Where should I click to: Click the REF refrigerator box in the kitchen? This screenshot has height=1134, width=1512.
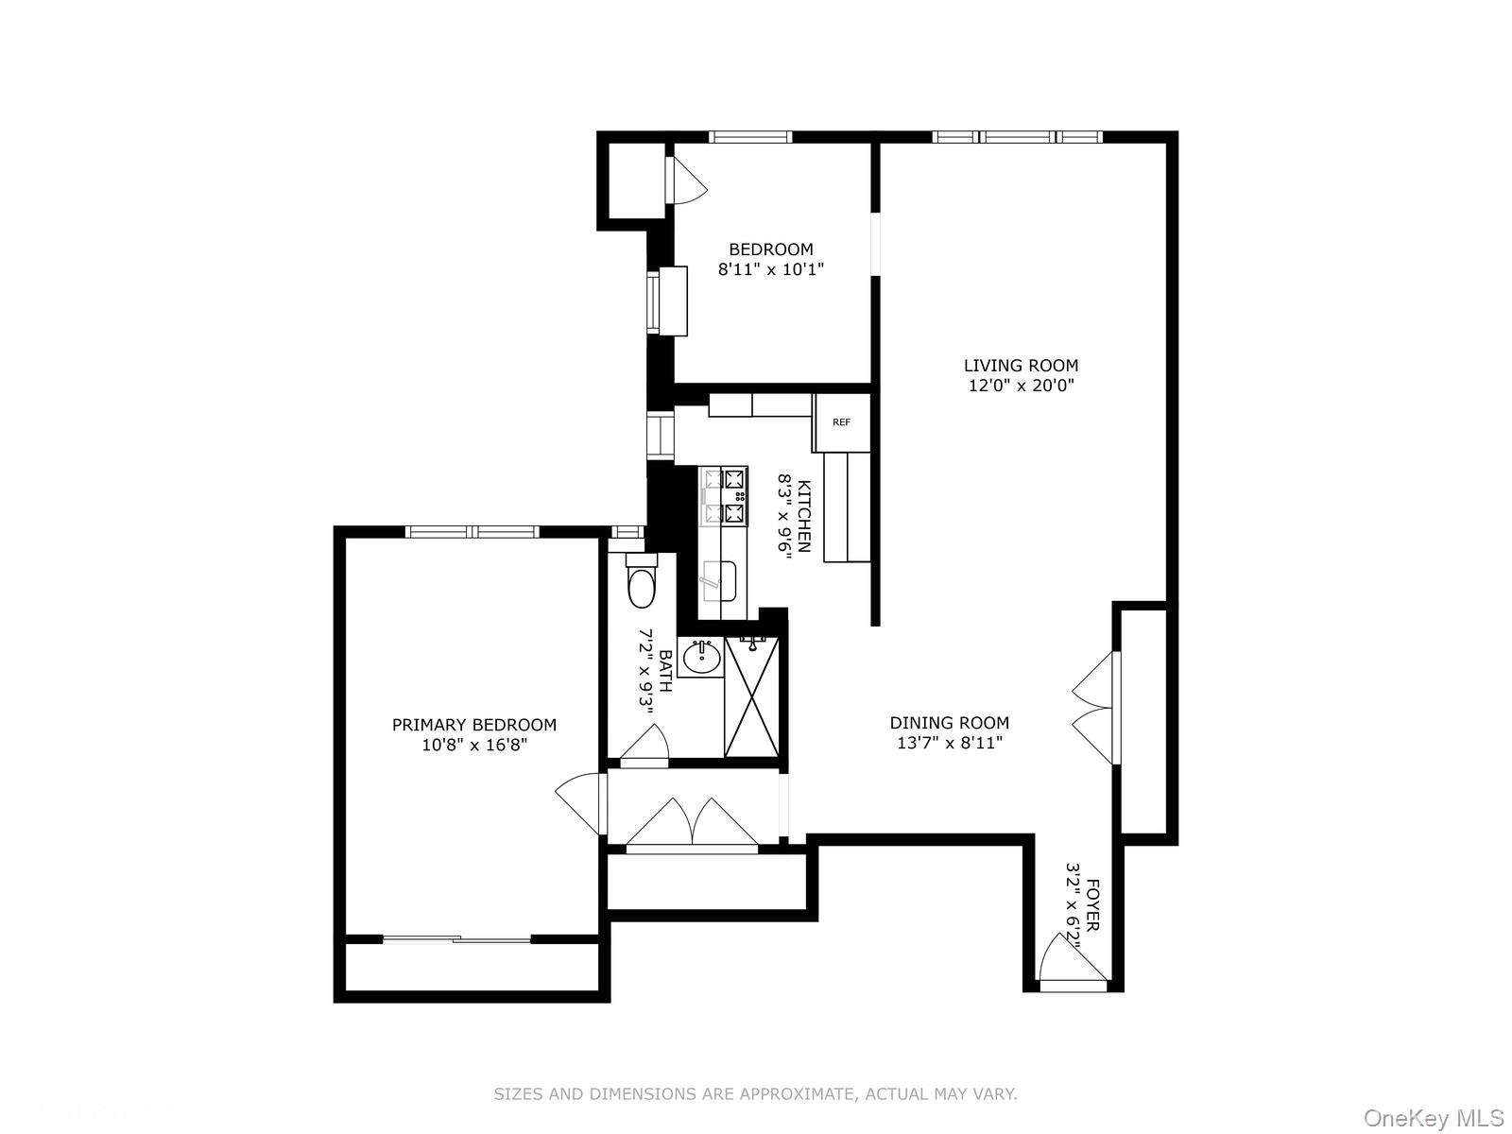[841, 422]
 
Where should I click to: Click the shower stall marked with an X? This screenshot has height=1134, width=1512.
[753, 697]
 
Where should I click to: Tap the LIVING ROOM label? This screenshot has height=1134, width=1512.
[1021, 366]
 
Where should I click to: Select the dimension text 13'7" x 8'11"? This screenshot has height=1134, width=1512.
[949, 744]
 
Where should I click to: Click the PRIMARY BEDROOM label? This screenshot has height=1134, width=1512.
[474, 725]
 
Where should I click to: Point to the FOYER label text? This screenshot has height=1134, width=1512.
[1092, 905]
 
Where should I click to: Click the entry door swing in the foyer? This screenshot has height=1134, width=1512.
[1068, 959]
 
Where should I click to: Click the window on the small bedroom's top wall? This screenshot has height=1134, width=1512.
[750, 137]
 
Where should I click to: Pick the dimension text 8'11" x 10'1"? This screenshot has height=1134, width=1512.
[771, 269]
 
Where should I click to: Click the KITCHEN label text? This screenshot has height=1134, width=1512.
[804, 516]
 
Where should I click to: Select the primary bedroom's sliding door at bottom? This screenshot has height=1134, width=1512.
[457, 939]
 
